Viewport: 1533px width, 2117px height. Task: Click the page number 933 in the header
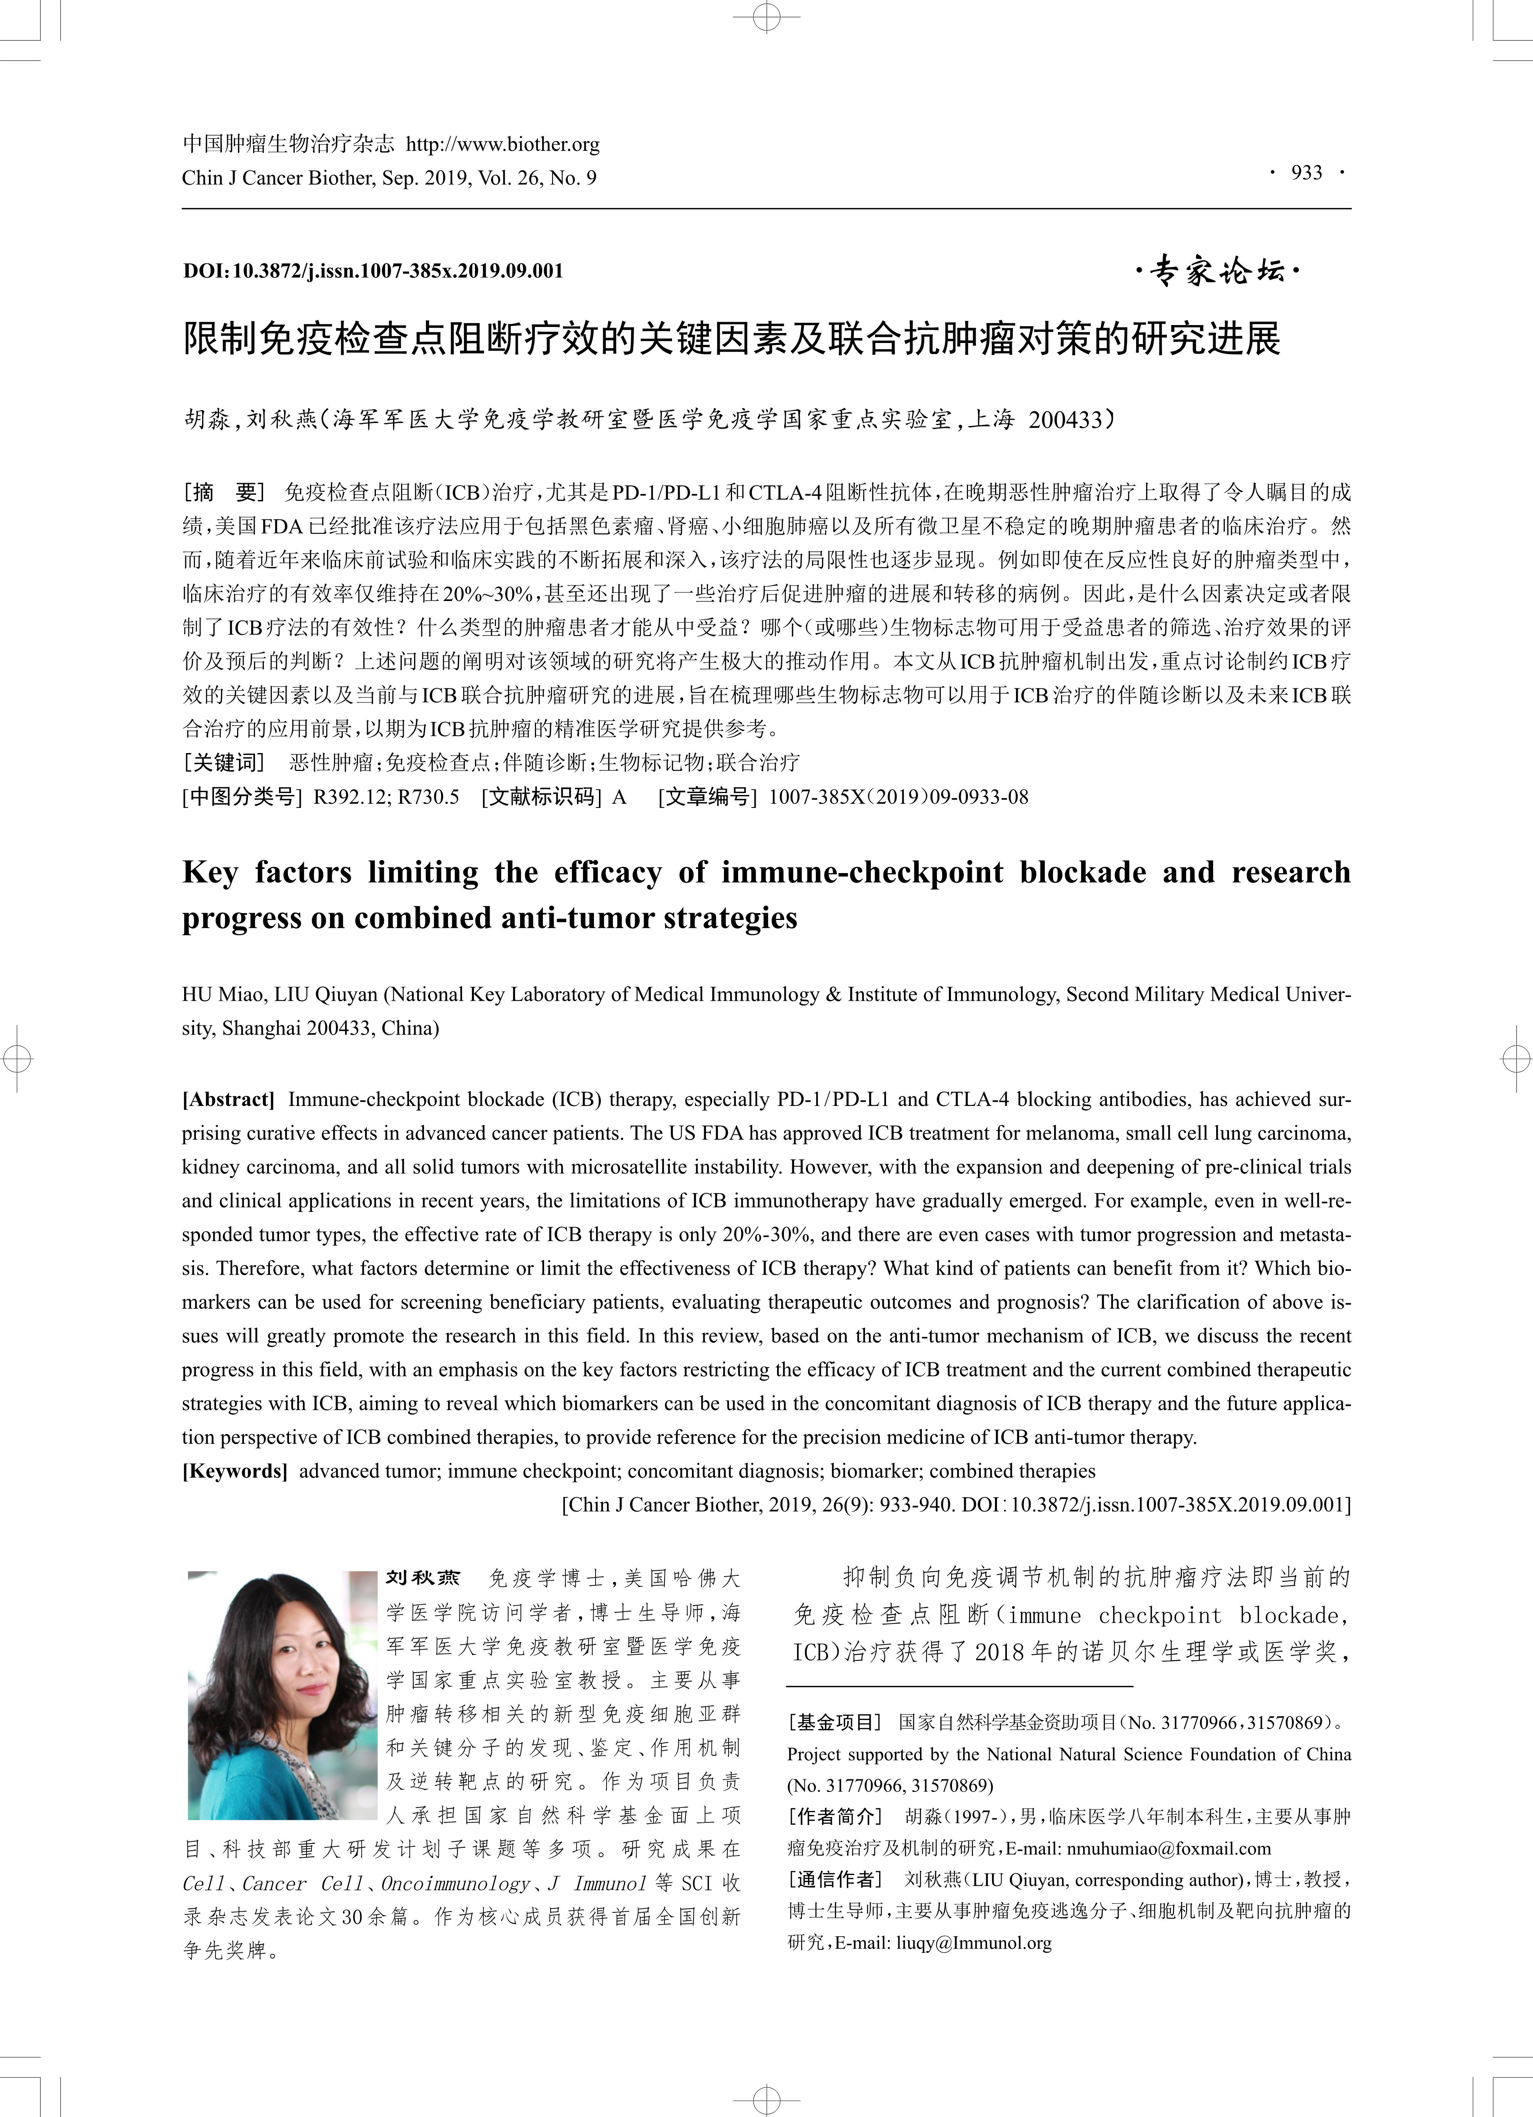coord(1306,173)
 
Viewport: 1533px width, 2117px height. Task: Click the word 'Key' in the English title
coord(210,873)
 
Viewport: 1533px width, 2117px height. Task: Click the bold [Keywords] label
coord(234,1471)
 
